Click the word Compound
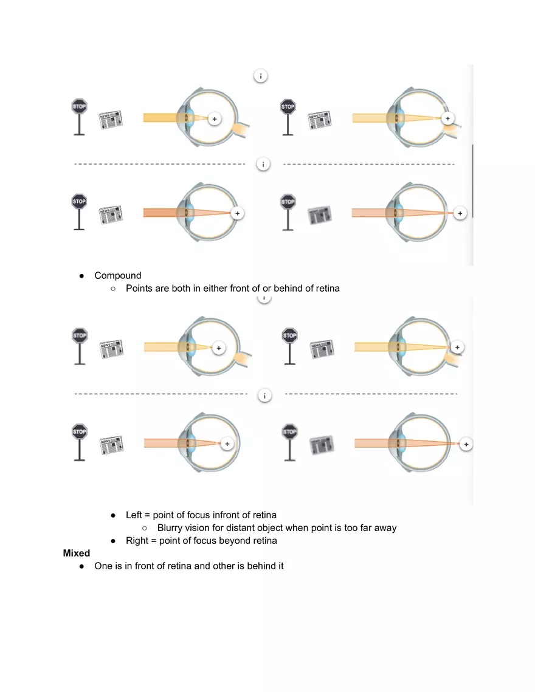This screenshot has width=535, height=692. click(x=117, y=275)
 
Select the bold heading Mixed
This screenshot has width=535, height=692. click(x=77, y=553)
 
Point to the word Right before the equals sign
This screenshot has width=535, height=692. click(x=137, y=540)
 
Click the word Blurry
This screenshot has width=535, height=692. click(x=171, y=527)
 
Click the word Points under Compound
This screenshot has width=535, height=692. click(x=139, y=288)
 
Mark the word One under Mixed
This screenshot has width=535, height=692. click(x=103, y=566)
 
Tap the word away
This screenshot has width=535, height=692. click(x=384, y=527)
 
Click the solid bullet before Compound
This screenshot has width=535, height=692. click(x=82, y=276)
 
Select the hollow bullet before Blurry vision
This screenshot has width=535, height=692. click(x=145, y=528)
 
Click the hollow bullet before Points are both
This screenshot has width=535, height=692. click(x=114, y=289)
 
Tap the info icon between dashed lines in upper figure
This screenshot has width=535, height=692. click(x=263, y=164)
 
